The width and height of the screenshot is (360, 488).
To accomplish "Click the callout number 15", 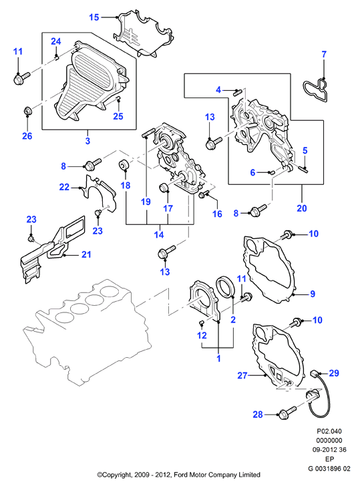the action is pos(94,17).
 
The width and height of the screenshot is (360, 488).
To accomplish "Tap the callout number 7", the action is pos(324,54).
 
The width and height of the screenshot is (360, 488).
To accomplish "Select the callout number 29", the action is pos(334,373).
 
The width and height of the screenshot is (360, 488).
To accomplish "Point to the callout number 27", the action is pos(242,375).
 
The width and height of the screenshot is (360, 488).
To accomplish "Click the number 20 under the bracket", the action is pos(302,208).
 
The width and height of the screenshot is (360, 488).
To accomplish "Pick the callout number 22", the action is pos(64,187).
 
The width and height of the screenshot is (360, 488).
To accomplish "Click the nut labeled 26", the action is pos(27,111).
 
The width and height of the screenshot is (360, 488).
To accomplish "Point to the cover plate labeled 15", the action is pos(143,33).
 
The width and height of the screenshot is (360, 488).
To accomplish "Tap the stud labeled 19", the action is pos(148,135).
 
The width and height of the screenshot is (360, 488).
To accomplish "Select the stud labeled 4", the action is pos(238,92).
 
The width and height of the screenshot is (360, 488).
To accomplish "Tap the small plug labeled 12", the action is pos(201,322).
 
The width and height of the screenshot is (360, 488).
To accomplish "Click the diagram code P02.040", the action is pos(329,431).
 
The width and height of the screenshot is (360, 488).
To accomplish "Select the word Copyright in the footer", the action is pos(116,475).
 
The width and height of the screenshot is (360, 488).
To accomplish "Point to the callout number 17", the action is pos(168,208).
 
